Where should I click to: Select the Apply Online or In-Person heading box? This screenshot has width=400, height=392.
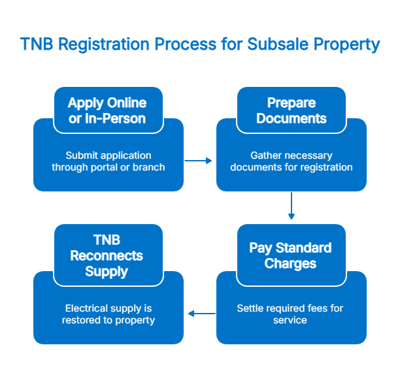(x=108, y=110)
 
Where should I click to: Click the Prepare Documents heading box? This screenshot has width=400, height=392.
(x=291, y=110)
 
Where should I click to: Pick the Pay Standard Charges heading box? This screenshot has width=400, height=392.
(x=291, y=255)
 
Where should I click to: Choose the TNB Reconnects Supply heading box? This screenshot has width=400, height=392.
(x=108, y=255)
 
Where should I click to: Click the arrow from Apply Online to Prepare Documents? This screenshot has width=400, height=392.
(x=199, y=160)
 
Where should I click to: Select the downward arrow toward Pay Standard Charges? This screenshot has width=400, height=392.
(x=291, y=206)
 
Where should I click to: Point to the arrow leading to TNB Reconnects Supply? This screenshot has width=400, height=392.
(x=201, y=314)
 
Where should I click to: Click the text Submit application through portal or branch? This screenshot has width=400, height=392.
(x=108, y=161)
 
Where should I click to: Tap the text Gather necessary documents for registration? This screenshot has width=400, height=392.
(x=291, y=161)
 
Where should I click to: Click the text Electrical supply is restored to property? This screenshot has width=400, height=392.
(x=108, y=314)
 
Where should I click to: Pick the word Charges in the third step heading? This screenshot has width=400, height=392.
(x=290, y=264)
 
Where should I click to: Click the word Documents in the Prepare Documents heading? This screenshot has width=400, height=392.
(x=291, y=119)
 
